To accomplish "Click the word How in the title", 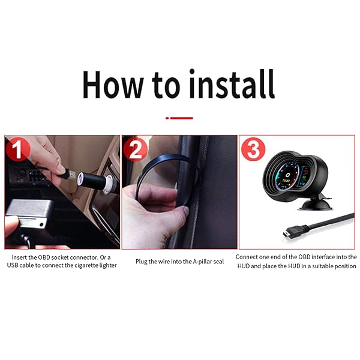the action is [113, 85].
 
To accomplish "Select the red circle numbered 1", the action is [19, 149].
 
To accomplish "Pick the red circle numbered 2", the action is [135, 149].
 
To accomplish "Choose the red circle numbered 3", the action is [253, 149].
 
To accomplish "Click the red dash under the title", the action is [179, 118].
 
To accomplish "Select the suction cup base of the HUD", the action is [315, 203].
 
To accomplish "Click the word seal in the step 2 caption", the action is [219, 262].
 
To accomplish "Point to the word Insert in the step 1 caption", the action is [20, 257].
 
